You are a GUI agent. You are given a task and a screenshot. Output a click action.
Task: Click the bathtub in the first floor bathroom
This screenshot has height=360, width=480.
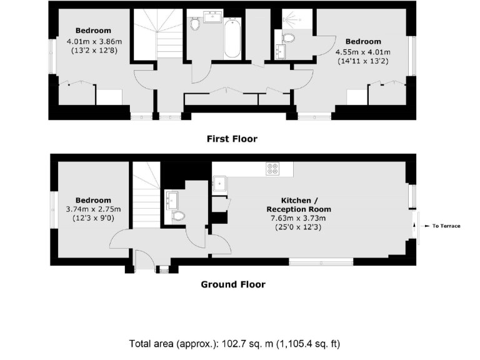tap(232, 39)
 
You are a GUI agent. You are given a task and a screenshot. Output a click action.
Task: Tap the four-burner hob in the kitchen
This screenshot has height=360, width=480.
tap(273, 168)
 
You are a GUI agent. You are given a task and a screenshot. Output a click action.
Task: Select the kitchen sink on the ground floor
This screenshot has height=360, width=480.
tap(220, 183)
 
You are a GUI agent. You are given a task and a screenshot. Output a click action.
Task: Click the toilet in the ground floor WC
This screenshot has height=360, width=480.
tap(178, 216)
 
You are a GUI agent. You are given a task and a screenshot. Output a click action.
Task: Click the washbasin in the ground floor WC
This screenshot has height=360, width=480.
tap(173, 200)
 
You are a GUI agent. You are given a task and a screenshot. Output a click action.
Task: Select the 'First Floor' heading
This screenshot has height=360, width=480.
tap(232, 139)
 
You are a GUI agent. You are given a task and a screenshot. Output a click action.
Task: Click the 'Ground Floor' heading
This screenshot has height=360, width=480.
tap(232, 284)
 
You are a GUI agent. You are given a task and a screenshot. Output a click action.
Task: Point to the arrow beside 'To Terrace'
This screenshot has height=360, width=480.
tap(426, 226)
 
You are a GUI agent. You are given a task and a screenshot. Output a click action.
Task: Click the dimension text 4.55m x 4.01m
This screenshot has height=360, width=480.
tap(362, 52)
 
